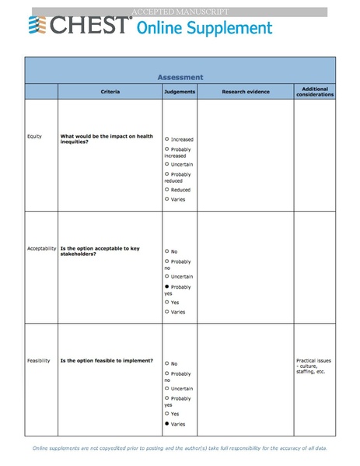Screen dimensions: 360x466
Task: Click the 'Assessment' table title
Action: pos(180,77)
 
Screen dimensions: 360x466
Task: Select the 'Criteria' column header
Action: pos(110,92)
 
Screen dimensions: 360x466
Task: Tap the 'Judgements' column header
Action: pos(180,92)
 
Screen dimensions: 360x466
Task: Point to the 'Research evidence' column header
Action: pos(246,92)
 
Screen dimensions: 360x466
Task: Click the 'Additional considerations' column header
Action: pos(314,92)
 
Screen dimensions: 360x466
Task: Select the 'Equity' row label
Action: pos(34,136)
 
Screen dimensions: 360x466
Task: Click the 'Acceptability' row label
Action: pos(42,249)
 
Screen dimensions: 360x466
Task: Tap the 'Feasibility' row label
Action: pos(39,361)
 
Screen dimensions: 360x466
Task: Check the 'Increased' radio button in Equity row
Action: pos(167,139)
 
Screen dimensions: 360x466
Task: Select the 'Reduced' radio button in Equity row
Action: pos(167,189)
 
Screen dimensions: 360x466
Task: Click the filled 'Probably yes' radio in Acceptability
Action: pos(167,286)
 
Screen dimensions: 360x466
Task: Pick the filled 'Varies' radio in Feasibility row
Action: pos(167,424)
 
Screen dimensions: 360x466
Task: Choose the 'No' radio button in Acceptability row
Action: pos(167,251)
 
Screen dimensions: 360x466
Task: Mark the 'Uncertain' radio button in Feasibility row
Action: pos(167,388)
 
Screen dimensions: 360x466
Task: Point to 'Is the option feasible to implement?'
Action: pos(107,361)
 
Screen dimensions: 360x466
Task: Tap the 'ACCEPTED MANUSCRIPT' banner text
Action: pos(179,12)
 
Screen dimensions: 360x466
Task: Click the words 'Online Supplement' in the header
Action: pos(204,29)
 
